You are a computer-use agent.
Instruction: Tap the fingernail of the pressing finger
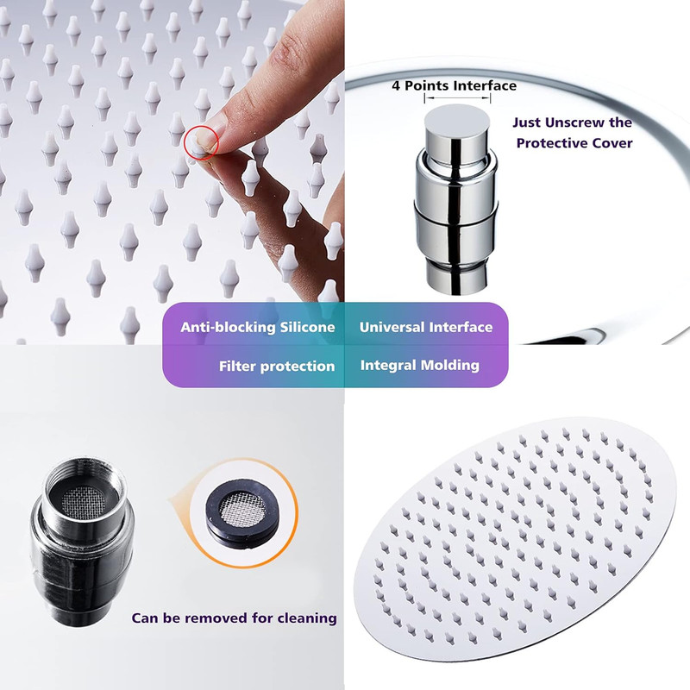(x=207, y=137)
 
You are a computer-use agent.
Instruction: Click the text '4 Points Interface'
(x=455, y=85)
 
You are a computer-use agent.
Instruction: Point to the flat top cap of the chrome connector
(x=457, y=120)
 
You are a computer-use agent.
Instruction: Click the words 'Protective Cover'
(x=574, y=143)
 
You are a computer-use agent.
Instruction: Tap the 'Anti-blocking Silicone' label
(x=257, y=327)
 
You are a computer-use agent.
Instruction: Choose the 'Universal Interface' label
(x=426, y=327)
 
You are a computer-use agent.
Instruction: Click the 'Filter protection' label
(x=277, y=366)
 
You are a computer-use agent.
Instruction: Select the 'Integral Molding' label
(x=420, y=365)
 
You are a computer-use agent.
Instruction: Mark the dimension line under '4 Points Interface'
(x=457, y=98)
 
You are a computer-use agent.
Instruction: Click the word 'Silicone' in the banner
(x=308, y=327)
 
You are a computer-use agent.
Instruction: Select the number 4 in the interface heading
(x=396, y=85)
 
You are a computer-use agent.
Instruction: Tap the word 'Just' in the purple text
(x=527, y=122)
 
